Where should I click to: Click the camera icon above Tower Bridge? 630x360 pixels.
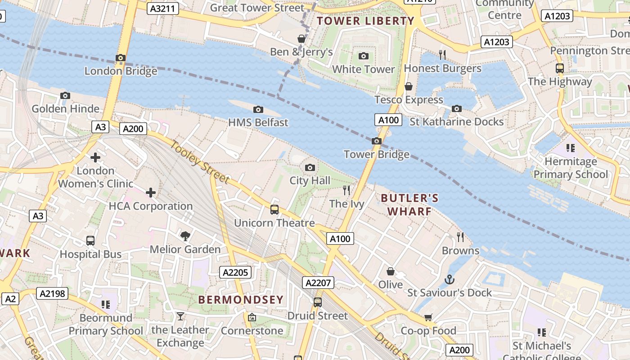[377, 141]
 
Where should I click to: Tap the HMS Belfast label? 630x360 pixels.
[258, 122]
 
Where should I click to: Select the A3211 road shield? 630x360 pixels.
[163, 9]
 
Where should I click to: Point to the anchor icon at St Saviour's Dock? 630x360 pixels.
[449, 279]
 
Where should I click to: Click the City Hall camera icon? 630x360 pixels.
[310, 168]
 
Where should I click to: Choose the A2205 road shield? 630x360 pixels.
[235, 272]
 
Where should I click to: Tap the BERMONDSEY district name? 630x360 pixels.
[241, 300]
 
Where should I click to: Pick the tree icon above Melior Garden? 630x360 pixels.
[185, 236]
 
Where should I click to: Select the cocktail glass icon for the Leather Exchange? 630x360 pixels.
[180, 316]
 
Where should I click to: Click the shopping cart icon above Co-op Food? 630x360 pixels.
[428, 318]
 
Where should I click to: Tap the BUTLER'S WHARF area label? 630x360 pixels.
[409, 205]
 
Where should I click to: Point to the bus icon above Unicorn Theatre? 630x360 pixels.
[274, 210]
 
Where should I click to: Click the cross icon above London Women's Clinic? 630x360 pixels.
[95, 157]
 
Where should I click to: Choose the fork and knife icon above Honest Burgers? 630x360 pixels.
[442, 55]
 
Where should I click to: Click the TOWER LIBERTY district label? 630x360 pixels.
[365, 21]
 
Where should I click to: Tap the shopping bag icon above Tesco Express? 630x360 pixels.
[409, 86]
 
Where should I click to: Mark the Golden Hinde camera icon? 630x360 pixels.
[65, 96]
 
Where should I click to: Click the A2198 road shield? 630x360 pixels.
[52, 294]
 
